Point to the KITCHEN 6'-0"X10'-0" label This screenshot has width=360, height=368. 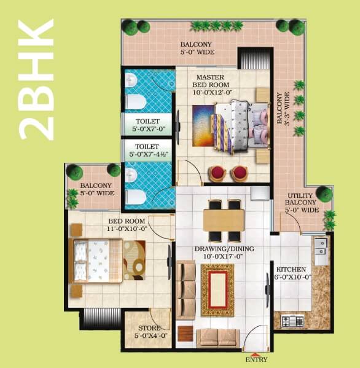pyautogui.click(x=294, y=274)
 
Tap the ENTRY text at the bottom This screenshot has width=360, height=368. pyautogui.click(x=256, y=359)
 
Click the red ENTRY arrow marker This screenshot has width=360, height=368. pyautogui.click(x=256, y=352)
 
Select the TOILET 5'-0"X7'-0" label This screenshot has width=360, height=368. pyautogui.click(x=148, y=125)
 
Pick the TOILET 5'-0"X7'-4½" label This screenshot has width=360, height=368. pyautogui.click(x=148, y=151)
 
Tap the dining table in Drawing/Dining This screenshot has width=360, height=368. pyautogui.click(x=224, y=220)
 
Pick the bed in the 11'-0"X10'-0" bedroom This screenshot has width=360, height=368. pyautogui.click(x=98, y=257)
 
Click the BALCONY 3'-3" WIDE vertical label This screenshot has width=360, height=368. pyautogui.click(x=282, y=109)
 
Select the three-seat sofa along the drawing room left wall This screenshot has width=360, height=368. pyautogui.click(x=186, y=288)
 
